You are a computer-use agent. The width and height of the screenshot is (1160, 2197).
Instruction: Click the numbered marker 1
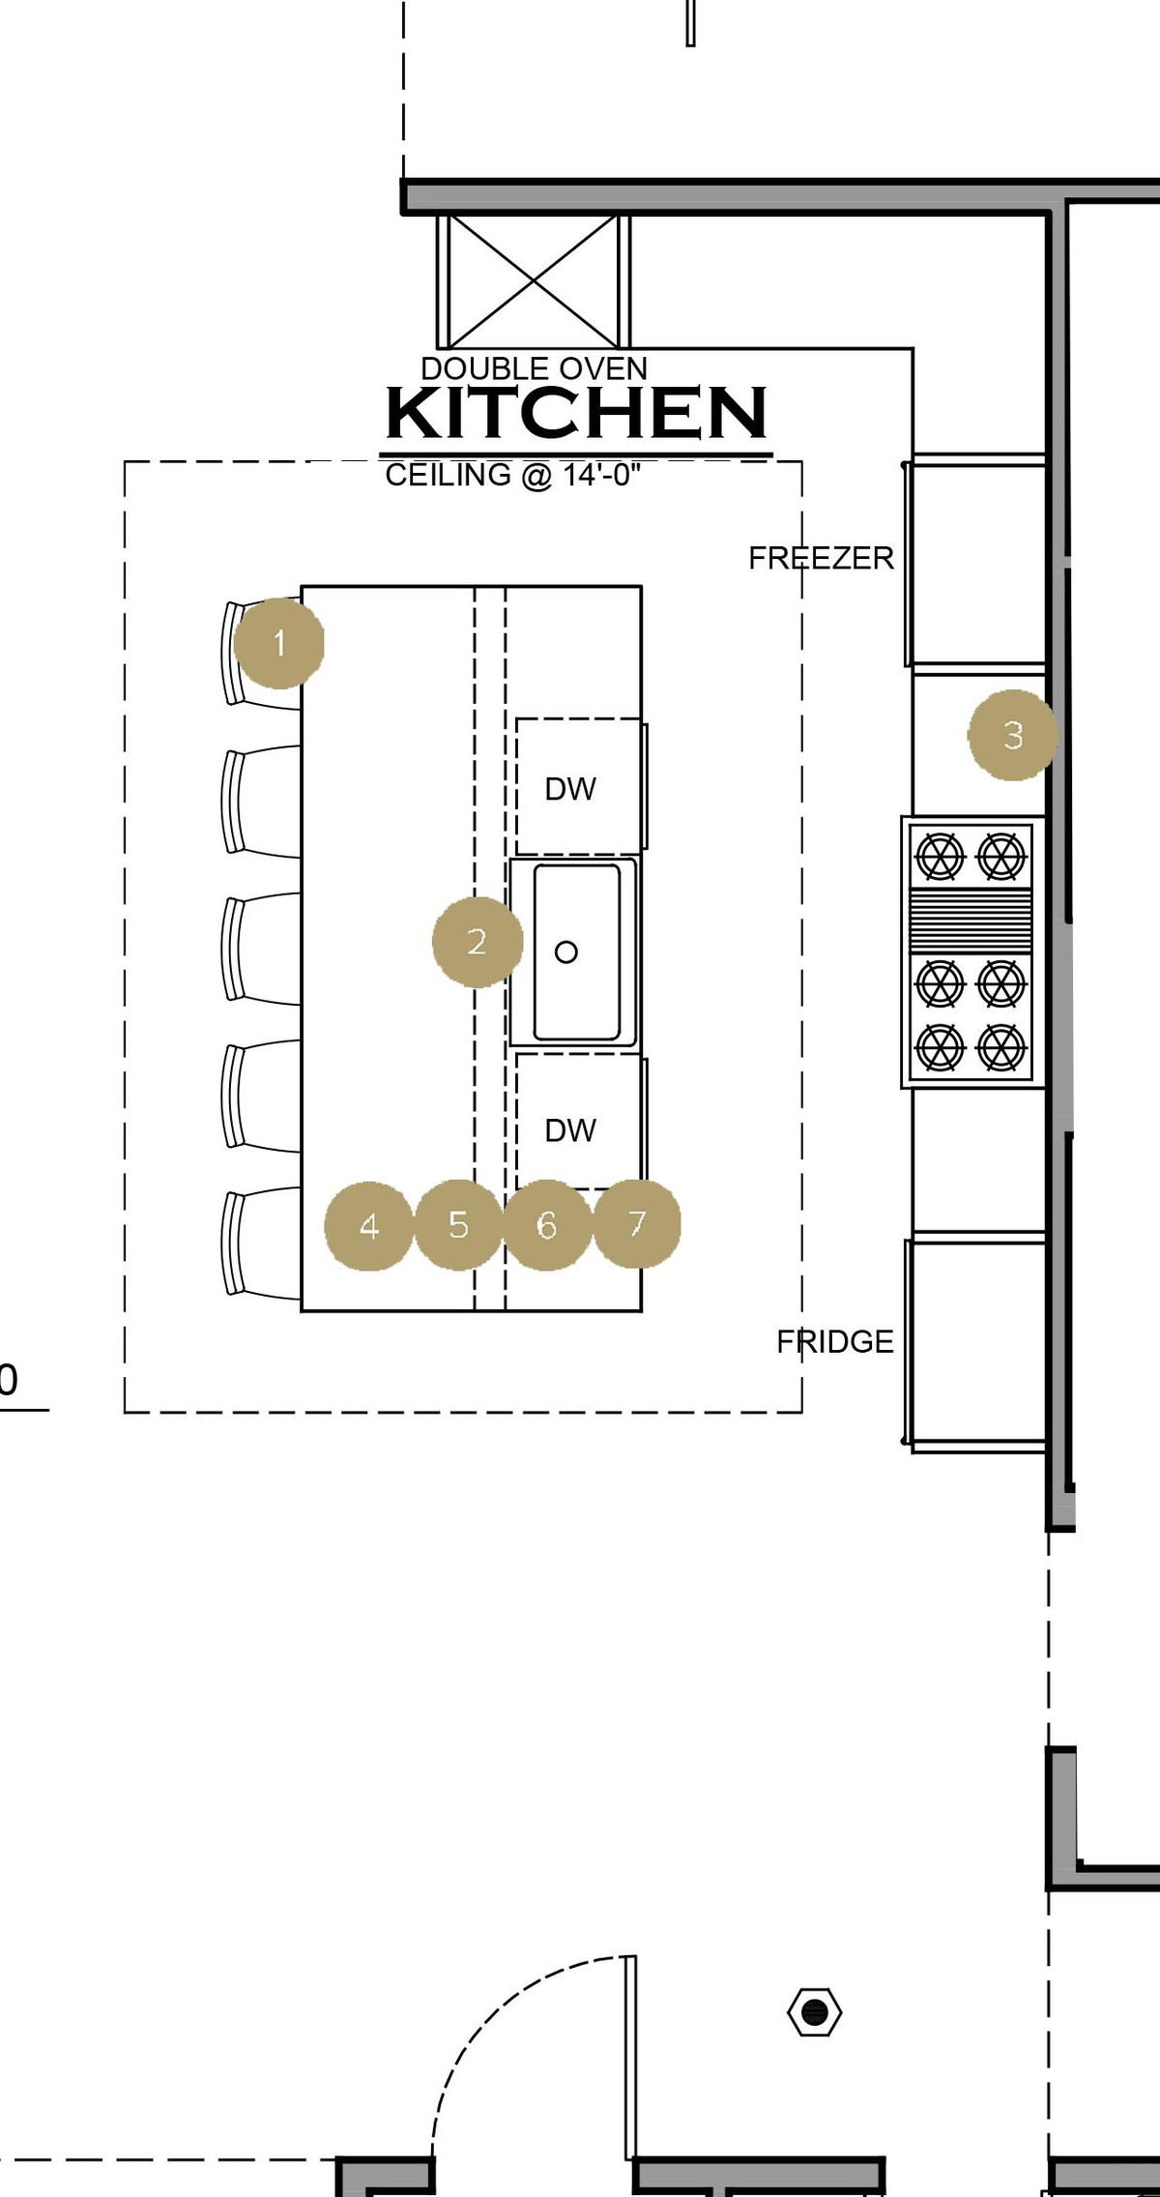pyautogui.click(x=279, y=643)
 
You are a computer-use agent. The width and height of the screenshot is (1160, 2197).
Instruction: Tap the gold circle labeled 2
pyautogui.click(x=478, y=942)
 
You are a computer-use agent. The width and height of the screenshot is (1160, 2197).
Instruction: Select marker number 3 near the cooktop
pyautogui.click(x=1013, y=735)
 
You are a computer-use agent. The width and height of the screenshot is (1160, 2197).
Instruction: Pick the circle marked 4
pyautogui.click(x=369, y=1226)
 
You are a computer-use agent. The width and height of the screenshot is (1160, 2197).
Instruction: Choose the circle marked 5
pyautogui.click(x=458, y=1224)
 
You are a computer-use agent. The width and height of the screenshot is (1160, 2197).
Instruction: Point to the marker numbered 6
pyautogui.click(x=547, y=1225)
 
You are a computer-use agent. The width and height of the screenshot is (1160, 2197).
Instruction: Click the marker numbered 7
pyautogui.click(x=636, y=1223)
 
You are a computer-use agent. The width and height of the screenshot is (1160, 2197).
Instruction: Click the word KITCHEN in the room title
pyautogui.click(x=577, y=413)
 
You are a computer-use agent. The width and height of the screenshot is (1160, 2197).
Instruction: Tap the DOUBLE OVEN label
pyautogui.click(x=535, y=368)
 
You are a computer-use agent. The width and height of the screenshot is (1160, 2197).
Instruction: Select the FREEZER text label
pyautogui.click(x=822, y=558)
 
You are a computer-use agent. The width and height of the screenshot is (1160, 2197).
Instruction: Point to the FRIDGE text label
pyautogui.click(x=835, y=1341)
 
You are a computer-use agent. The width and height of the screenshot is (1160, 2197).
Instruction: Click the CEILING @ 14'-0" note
pyautogui.click(x=513, y=475)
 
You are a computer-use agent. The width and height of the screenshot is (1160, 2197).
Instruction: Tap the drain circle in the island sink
pyautogui.click(x=566, y=952)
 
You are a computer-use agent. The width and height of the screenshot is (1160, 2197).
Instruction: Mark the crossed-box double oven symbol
pyautogui.click(x=534, y=281)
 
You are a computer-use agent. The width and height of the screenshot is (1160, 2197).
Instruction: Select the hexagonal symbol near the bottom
pyautogui.click(x=815, y=2013)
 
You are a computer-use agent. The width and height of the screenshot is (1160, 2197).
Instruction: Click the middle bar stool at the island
pyautogui.click(x=261, y=948)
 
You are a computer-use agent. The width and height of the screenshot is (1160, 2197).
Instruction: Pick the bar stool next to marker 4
pyautogui.click(x=261, y=1242)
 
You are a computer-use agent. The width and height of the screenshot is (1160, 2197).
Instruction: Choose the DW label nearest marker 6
pyautogui.click(x=570, y=1130)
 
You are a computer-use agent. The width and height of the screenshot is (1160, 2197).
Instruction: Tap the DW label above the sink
pyautogui.click(x=570, y=789)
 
